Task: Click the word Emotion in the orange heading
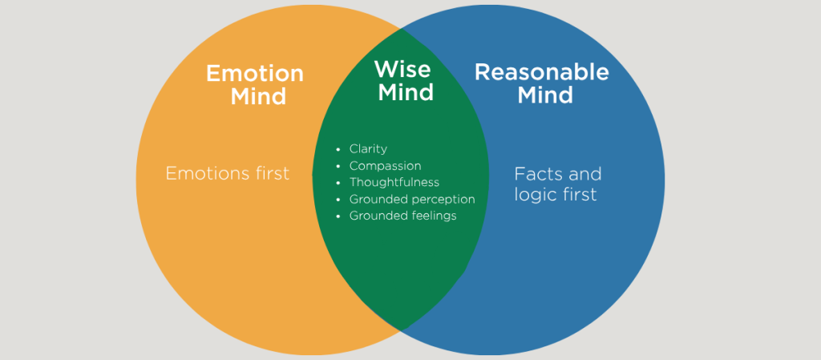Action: click(x=255, y=74)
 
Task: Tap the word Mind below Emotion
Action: click(x=258, y=97)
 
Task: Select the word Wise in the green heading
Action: click(x=403, y=69)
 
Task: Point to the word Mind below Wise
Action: click(x=406, y=92)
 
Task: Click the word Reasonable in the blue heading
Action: click(x=542, y=72)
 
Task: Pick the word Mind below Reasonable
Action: click(x=545, y=95)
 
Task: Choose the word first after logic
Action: click(x=580, y=195)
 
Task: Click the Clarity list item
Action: click(x=368, y=149)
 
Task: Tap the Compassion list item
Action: click(x=385, y=166)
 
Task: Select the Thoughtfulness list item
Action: click(x=394, y=183)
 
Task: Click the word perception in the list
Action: click(x=441, y=200)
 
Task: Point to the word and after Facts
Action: click(x=586, y=174)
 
